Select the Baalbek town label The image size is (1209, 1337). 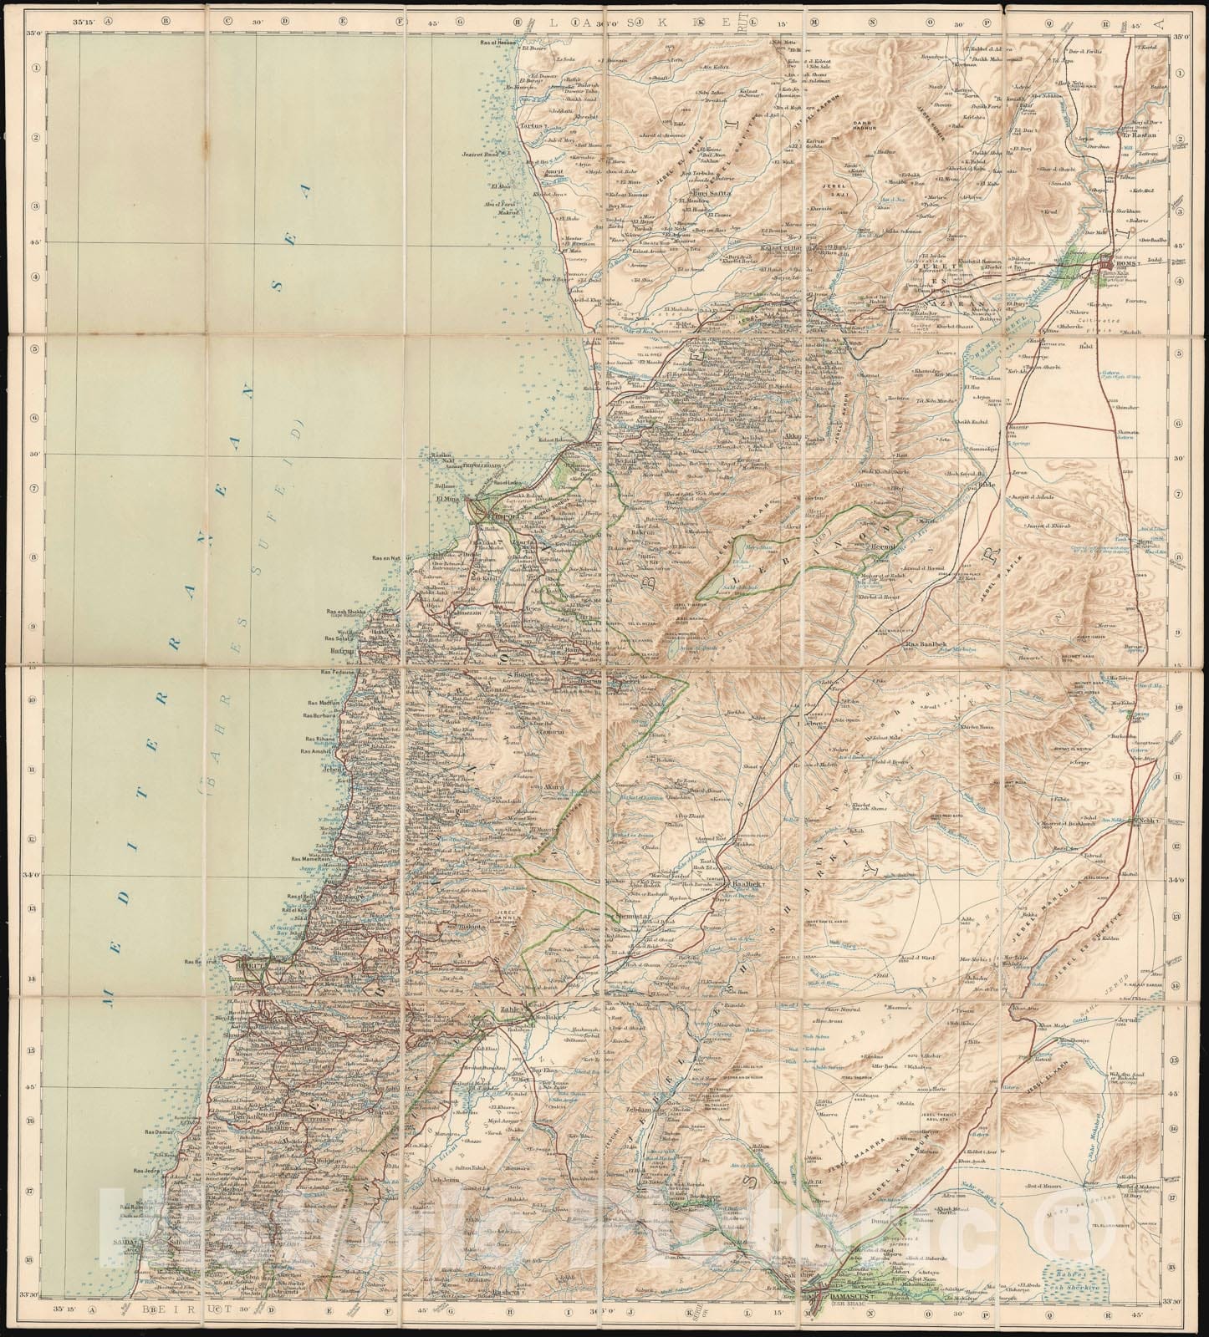coord(746,883)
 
